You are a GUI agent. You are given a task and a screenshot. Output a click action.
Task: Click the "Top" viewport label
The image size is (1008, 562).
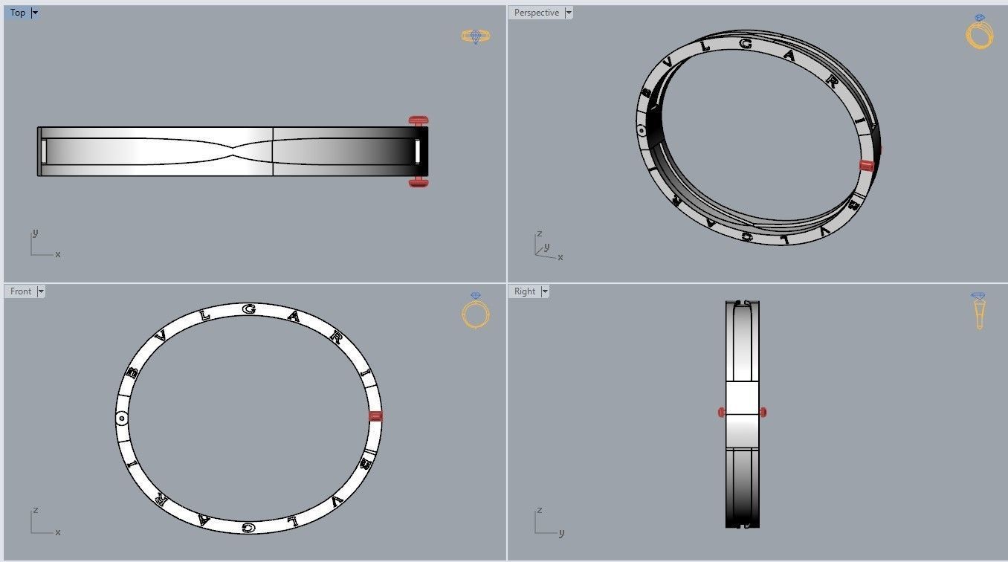pyautogui.click(x=18, y=13)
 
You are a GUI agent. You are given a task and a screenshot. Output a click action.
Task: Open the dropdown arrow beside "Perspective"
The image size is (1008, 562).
pyautogui.click(x=569, y=13)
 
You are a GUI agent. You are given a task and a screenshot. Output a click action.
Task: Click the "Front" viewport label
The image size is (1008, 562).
pyautogui.click(x=21, y=291)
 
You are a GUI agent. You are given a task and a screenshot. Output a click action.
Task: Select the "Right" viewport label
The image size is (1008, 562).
pyautogui.click(x=525, y=291)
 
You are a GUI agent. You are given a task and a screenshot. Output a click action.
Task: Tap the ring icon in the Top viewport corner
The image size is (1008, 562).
pyautogui.click(x=476, y=36)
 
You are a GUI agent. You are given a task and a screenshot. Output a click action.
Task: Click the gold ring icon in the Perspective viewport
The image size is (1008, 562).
pyautogui.click(x=980, y=33)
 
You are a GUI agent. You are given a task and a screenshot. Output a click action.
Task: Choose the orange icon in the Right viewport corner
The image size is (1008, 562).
pyautogui.click(x=979, y=311)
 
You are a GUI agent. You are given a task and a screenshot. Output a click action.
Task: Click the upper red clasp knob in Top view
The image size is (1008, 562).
pyautogui.click(x=419, y=120)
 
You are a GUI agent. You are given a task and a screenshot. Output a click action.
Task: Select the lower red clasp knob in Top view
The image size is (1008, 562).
pyautogui.click(x=419, y=182)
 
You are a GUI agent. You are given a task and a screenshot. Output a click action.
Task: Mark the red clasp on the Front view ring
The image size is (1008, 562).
pyautogui.click(x=375, y=416)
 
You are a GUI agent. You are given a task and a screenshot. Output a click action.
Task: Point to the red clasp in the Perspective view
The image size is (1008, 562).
pyautogui.click(x=866, y=165)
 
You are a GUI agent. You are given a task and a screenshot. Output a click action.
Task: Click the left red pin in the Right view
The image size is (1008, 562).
pyautogui.click(x=721, y=412)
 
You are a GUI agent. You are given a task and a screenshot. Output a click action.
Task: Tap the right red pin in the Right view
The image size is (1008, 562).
pyautogui.click(x=763, y=412)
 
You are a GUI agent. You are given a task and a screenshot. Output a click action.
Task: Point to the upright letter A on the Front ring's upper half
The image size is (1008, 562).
pyautogui.click(x=295, y=317)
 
